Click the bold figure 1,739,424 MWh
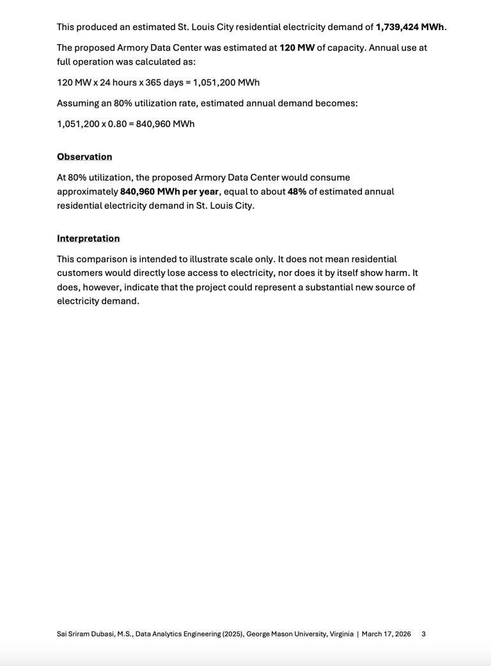[410, 27]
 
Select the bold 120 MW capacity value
[297, 48]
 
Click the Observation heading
[84, 157]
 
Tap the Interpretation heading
[88, 238]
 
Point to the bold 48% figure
[297, 192]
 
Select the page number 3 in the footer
[424, 634]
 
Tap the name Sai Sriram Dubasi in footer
[88, 634]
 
